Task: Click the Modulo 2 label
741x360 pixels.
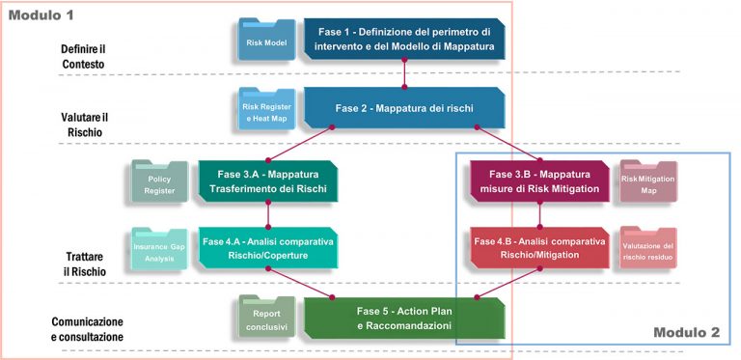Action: tap(685, 333)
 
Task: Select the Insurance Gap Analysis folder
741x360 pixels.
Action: tap(158, 251)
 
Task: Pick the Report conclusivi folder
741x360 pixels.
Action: tap(266, 319)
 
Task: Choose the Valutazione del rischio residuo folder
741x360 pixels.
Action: tap(647, 251)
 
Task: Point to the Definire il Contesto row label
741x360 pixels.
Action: tap(81, 56)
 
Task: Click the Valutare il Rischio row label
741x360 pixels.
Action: tap(81, 124)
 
